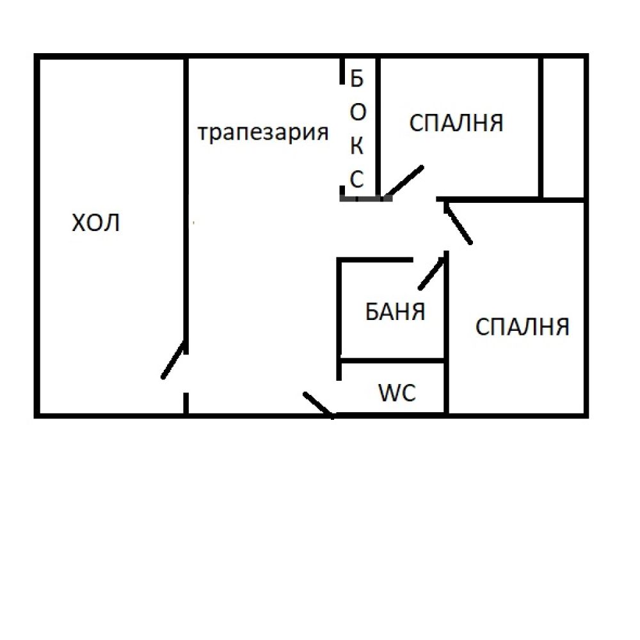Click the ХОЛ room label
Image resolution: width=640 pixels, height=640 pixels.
click(x=95, y=223)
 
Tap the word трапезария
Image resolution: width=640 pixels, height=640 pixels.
click(x=263, y=133)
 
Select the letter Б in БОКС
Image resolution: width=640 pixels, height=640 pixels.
click(x=356, y=78)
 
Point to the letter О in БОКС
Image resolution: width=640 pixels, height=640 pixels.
click(x=358, y=112)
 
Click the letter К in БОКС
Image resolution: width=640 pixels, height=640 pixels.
click(x=356, y=146)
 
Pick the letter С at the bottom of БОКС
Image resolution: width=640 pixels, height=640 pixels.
click(x=356, y=179)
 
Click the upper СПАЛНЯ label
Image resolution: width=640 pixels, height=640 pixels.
click(x=456, y=123)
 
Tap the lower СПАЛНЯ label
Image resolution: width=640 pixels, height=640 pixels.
click(x=522, y=327)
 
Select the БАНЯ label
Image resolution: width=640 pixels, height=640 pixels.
click(x=395, y=312)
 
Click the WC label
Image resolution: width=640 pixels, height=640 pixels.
click(x=397, y=393)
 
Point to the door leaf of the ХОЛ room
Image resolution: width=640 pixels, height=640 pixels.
click(x=174, y=359)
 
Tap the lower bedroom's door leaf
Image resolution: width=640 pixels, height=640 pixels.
click(x=458, y=223)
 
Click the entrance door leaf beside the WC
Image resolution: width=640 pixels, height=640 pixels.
click(x=319, y=405)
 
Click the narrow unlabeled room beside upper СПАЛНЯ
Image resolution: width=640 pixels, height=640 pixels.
click(x=564, y=128)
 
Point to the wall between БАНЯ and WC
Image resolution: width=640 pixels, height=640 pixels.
click(x=393, y=361)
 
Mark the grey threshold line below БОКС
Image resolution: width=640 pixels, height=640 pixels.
click(x=366, y=199)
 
